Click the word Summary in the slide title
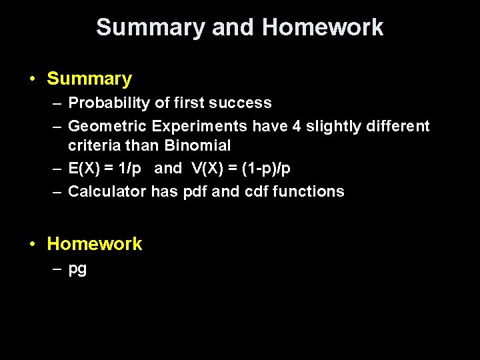coord(151,28)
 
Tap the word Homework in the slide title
coord(323,28)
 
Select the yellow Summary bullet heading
coord(89,79)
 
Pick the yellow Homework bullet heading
coord(95,244)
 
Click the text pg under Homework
coord(77,270)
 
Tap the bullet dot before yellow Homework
coord(32,245)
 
